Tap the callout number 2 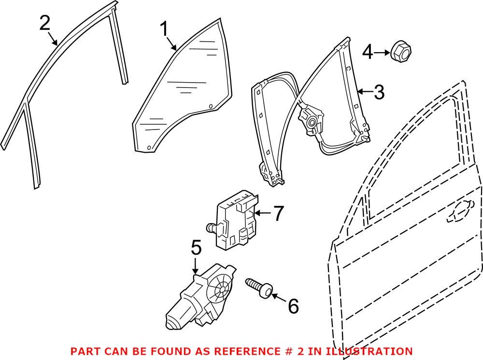[44, 23]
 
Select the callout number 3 [379, 92]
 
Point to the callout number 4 [368, 52]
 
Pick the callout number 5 [196, 248]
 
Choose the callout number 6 [293, 305]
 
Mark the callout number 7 [278, 214]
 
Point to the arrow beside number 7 [263, 213]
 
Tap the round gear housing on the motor [222, 290]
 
